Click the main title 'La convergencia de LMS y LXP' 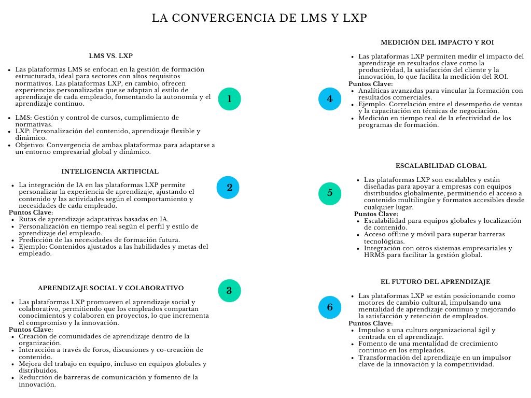click(259, 18)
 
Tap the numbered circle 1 click(229, 98)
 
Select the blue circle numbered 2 click(228, 188)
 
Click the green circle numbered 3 click(229, 290)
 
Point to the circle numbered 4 click(330, 98)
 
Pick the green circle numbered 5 click(330, 193)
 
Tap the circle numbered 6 click(330, 307)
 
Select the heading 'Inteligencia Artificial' click(110, 172)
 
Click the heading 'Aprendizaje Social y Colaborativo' click(110, 288)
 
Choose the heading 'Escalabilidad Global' click(441, 166)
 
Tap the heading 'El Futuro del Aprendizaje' click(435, 282)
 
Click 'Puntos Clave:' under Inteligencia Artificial click(31, 212)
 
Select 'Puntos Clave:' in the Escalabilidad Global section click(376, 214)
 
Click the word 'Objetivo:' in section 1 click(30, 145)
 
